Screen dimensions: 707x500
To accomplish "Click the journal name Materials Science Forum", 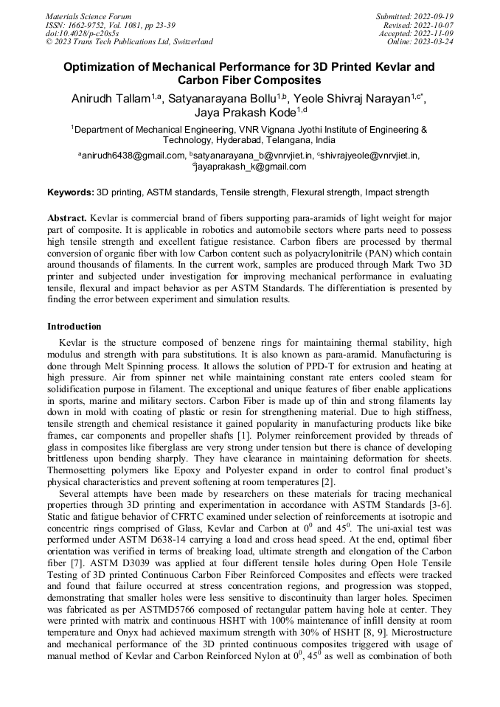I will tap(88, 15).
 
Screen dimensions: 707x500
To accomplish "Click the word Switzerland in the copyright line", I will tap(189, 42).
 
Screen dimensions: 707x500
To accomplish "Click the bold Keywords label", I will tap(71, 192).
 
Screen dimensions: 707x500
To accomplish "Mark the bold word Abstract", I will tap(67, 220).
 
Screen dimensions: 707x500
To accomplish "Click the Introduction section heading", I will tap(74, 326).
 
